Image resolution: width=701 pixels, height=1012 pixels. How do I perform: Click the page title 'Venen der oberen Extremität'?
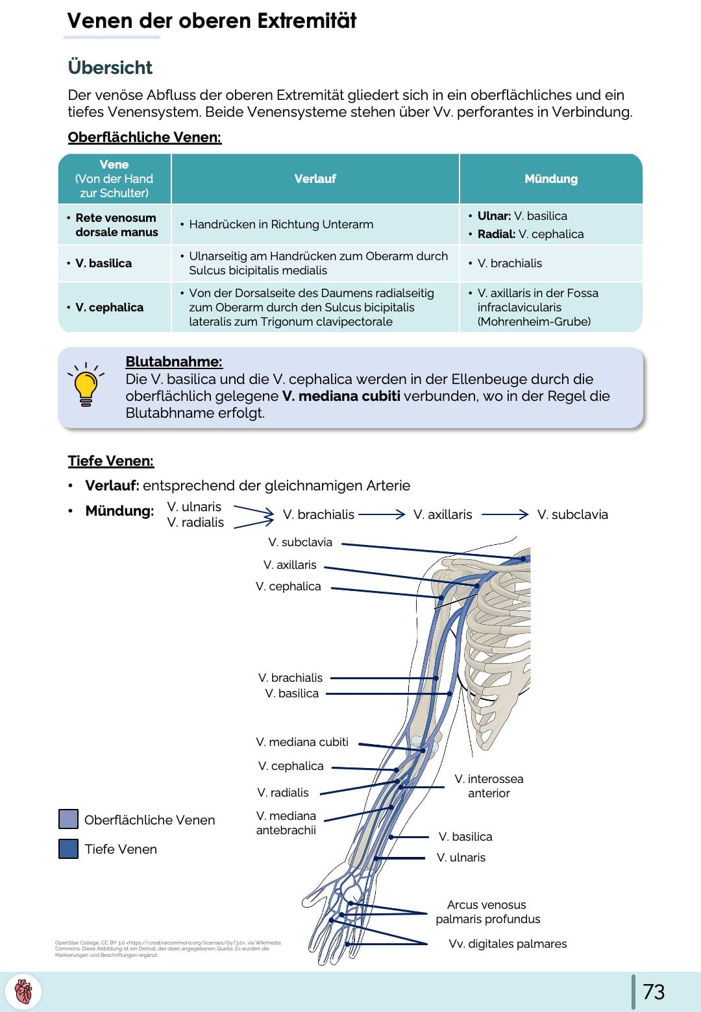(212, 21)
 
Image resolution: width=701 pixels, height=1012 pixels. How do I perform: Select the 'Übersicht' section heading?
(110, 67)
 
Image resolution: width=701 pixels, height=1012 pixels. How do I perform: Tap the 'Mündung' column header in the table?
(550, 179)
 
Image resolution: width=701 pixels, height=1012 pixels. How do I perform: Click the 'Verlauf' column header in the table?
(315, 179)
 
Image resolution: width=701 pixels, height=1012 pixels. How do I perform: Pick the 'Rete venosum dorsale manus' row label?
(116, 225)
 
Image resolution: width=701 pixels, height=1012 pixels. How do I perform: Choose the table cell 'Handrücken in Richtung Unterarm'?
(280, 224)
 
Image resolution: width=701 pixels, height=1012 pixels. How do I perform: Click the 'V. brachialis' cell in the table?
(509, 263)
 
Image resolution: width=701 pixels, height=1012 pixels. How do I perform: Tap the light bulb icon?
(86, 384)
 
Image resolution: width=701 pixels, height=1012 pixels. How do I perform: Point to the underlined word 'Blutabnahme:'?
(174, 362)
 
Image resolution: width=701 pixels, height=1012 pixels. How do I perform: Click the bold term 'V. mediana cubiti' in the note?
(341, 396)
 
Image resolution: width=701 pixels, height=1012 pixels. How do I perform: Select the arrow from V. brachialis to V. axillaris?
(382, 514)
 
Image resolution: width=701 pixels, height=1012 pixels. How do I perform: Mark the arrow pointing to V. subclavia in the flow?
(505, 514)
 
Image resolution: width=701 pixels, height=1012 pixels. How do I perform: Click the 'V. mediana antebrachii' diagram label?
(286, 823)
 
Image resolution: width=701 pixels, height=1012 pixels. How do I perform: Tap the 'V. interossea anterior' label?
(489, 786)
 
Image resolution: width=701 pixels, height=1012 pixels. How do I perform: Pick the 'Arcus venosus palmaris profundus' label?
(487, 911)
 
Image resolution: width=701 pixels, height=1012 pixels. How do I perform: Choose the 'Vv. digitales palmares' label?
(508, 944)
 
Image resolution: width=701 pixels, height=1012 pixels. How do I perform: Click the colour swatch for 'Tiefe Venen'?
(68, 849)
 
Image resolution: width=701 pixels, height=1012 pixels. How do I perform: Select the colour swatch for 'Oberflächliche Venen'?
(68, 819)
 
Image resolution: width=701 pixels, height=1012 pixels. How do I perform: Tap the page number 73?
(654, 991)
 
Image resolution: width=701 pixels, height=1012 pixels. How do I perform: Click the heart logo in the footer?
(24, 992)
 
